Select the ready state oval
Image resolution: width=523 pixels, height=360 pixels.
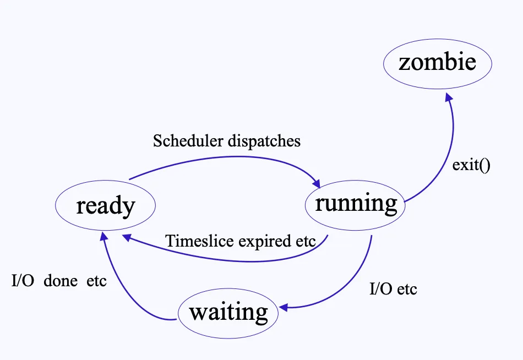pos(105,206)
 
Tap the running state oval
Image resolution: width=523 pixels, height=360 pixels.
pos(355,204)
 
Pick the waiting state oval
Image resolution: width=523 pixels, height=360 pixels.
pos(228,313)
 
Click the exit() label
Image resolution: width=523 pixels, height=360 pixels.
pos(471,165)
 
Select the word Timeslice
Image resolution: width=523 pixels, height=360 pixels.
pos(194,241)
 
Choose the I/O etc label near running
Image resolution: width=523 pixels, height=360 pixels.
pos(393,288)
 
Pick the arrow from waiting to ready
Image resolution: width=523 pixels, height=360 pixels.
pos(121,286)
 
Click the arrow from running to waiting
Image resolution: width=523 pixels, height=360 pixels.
pos(352,281)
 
